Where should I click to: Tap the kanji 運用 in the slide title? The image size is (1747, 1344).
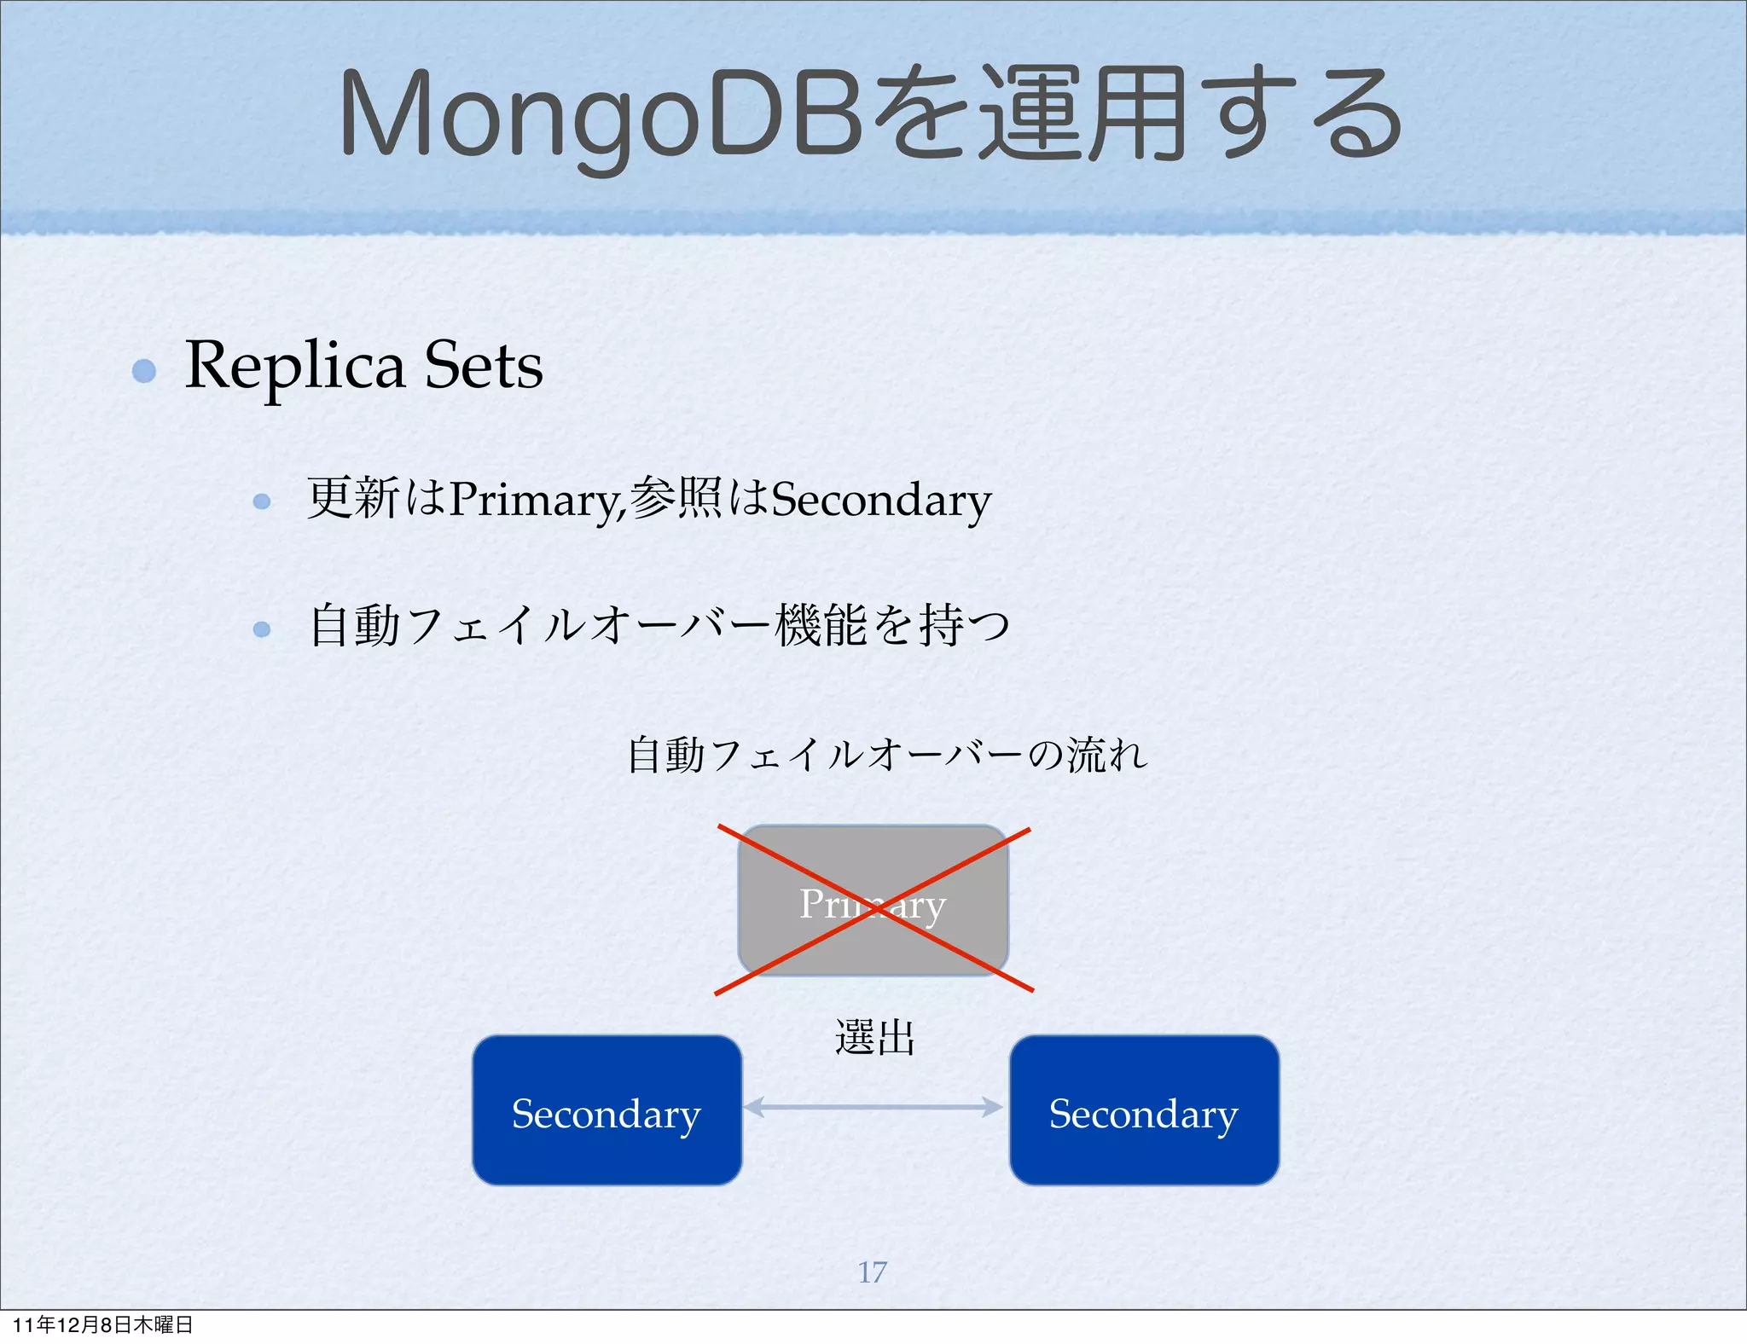coord(1082,115)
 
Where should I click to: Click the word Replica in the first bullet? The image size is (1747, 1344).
coord(294,366)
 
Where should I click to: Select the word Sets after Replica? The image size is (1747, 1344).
coord(484,366)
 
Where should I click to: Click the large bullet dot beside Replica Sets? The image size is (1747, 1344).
coord(144,371)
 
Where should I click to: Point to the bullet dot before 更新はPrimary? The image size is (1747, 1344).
coord(262,501)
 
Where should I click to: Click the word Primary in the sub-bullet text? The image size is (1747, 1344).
coord(536,500)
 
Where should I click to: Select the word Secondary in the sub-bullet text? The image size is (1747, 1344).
coord(880,500)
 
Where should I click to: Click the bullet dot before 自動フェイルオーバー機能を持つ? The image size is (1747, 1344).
coord(262,629)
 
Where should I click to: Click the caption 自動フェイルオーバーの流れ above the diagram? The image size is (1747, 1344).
coord(887,755)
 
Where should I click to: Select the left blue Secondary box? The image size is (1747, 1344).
coord(607,1110)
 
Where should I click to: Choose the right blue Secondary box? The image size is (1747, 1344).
coord(1144,1110)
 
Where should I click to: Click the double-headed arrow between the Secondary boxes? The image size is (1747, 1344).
coord(873,1107)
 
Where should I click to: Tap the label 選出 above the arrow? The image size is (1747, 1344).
coord(874,1039)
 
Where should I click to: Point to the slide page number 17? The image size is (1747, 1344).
coord(872,1272)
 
